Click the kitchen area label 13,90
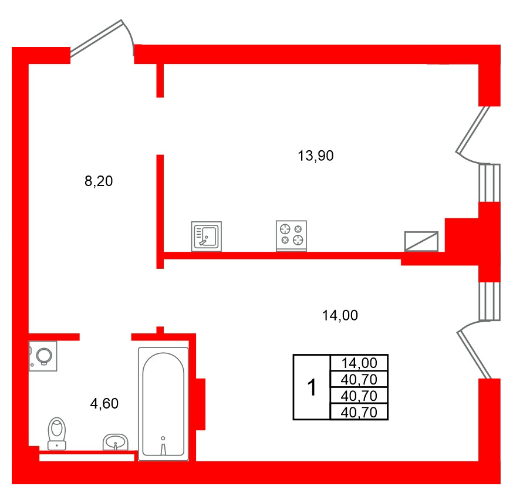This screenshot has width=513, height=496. [316, 156]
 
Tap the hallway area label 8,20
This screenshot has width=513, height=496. [98, 181]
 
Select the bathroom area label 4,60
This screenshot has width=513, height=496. [104, 403]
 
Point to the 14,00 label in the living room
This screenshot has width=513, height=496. [340, 315]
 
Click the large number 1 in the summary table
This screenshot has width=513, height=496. [312, 387]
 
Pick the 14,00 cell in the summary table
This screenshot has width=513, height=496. [359, 363]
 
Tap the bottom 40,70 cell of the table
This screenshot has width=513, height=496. [359, 412]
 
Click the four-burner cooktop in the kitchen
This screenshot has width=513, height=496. [292, 235]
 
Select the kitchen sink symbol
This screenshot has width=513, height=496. [207, 236]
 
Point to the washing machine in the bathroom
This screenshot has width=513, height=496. [43, 356]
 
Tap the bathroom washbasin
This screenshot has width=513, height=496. [116, 442]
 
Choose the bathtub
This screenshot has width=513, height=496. [163, 404]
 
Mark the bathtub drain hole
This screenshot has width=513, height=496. [163, 437]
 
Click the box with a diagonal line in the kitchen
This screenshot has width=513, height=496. [421, 241]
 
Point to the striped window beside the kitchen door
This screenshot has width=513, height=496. [489, 183]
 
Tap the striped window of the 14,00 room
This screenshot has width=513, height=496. [489, 301]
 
